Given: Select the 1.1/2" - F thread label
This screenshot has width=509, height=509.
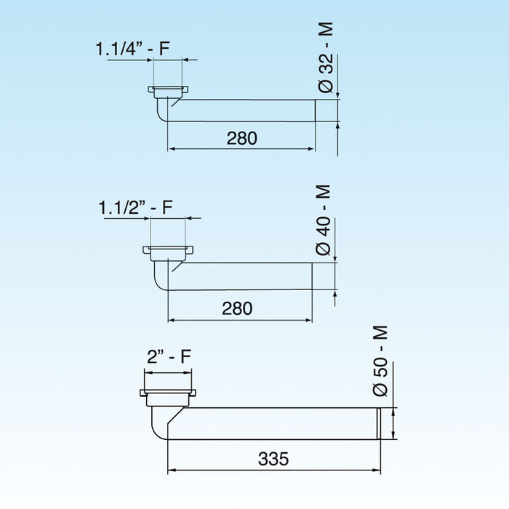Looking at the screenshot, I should [135, 207].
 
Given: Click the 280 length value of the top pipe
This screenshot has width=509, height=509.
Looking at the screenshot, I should [241, 137].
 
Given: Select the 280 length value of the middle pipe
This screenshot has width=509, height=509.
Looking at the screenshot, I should [237, 308].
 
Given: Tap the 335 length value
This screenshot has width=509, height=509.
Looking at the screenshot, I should [273, 459].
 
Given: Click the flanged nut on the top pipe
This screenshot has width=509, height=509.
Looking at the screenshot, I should [169, 92].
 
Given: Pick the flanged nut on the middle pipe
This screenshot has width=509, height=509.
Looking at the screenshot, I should [168, 252].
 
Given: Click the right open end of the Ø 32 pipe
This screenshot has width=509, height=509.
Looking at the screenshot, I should [314, 111].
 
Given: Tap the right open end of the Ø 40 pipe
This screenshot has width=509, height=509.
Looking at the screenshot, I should [312, 276].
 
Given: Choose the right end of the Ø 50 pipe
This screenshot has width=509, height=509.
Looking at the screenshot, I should [378, 423].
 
